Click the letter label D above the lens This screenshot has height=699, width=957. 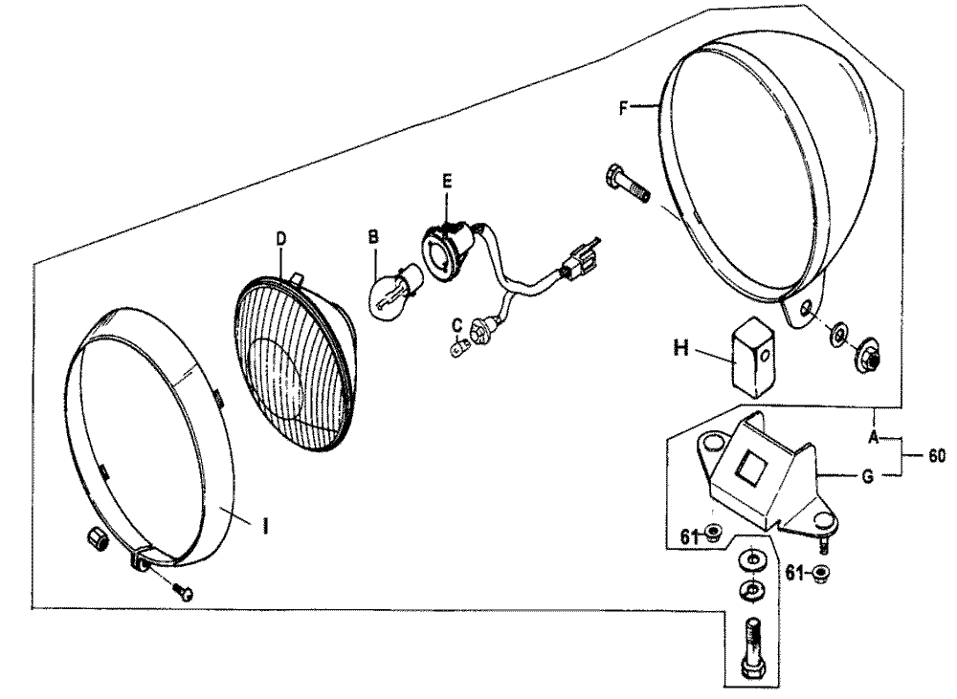coord(280,239)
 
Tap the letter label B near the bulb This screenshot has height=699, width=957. coord(373,236)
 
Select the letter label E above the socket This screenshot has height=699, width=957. coord(447,181)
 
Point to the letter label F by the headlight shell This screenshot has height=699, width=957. coord(623,109)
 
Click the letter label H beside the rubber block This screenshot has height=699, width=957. coord(681,348)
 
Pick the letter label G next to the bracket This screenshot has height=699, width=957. coord(867,476)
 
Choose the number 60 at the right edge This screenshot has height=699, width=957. coord(936,455)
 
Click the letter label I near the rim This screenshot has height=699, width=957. coord(265,526)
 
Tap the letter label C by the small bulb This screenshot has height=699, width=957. coord(456,324)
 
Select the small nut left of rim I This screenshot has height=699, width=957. coord(98,538)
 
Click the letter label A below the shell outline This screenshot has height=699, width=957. coord(874,437)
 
